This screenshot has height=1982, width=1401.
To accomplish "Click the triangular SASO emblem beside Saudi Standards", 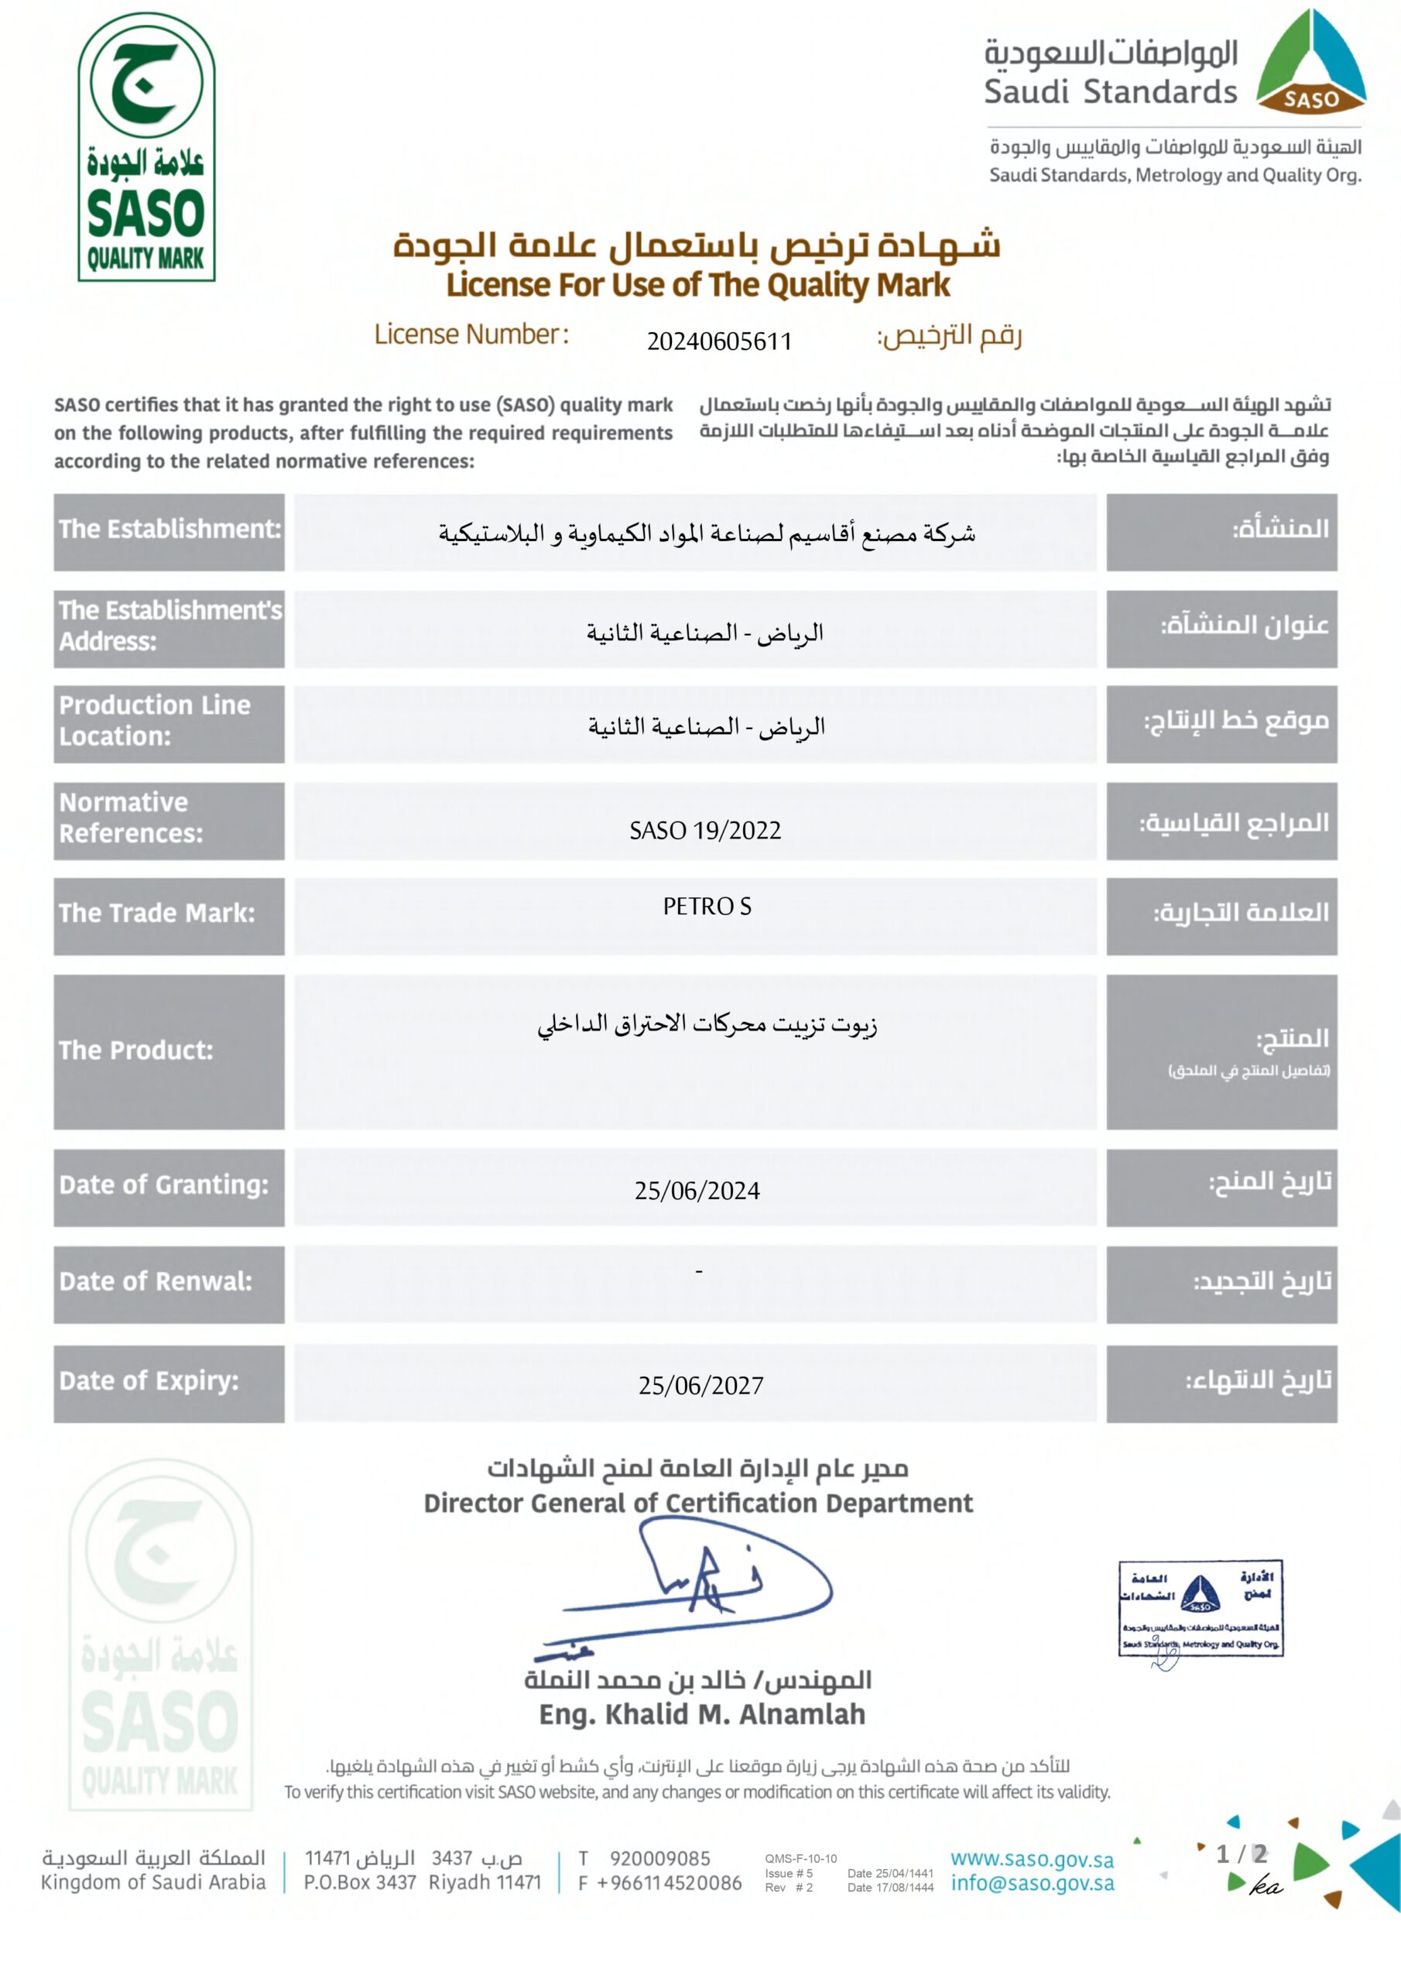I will coord(1310,64).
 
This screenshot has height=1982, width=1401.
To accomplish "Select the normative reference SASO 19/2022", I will coord(704,831).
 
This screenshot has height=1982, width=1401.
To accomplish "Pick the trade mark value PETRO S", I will coord(707,907).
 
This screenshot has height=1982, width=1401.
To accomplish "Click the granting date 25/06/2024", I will coord(697,1192).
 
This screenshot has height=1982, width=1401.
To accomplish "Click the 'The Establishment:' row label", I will coord(170,529).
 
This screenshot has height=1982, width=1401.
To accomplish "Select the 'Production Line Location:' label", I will coord(156,721).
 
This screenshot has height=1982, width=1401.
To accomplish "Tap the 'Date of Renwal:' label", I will coord(156,1282).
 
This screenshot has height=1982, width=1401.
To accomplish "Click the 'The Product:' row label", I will coord(136,1051).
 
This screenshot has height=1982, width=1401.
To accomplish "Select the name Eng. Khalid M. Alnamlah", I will coord(702,1714).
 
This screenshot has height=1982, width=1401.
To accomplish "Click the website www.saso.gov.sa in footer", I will coord(1032,1860).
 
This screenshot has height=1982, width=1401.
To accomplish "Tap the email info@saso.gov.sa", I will coord(1032,1884).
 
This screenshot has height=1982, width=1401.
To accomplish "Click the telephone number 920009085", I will coord(659,1859).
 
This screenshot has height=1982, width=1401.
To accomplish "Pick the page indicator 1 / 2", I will coord(1242,1854).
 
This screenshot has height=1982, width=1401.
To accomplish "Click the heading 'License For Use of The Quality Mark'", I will coord(697,285).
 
